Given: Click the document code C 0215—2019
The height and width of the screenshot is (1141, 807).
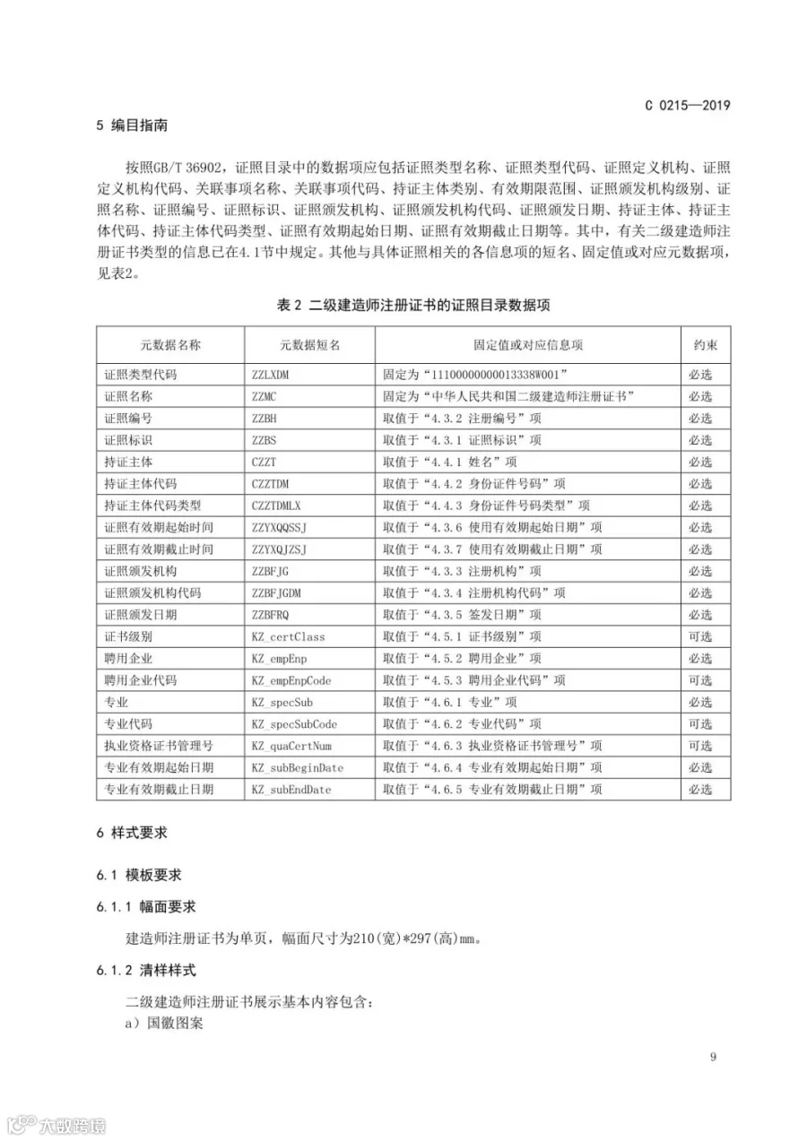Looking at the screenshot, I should coord(688,104).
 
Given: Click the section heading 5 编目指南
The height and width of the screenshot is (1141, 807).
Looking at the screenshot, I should coord(132,126).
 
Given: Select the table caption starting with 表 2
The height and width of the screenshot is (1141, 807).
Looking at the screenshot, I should coord(413,305).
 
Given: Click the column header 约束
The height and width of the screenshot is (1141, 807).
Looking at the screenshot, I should coord(705,345).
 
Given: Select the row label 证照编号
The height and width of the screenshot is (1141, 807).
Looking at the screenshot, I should coord(128,418).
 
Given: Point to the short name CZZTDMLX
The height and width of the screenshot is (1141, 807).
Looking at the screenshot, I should coord(282,506).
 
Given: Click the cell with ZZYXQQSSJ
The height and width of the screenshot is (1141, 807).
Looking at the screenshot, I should coord(285,527).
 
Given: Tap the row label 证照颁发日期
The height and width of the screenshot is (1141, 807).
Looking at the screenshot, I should coord(141,614).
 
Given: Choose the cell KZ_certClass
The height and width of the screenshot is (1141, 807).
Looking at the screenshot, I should coord(288,636).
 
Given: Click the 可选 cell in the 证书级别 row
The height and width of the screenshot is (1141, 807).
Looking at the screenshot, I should coord(700,636).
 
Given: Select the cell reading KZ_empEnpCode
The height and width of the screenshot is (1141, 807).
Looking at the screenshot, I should coord(291,680).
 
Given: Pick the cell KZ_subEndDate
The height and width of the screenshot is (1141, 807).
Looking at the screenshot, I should coord(291,790).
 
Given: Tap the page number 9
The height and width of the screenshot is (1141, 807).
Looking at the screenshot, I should coord(713,1057).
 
